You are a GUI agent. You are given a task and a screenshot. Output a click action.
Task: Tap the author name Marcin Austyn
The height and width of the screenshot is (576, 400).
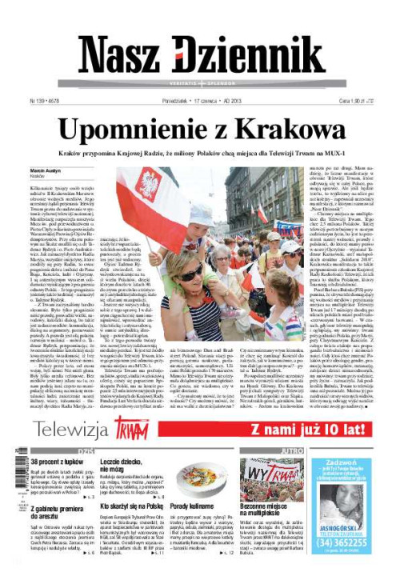click(45, 172)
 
